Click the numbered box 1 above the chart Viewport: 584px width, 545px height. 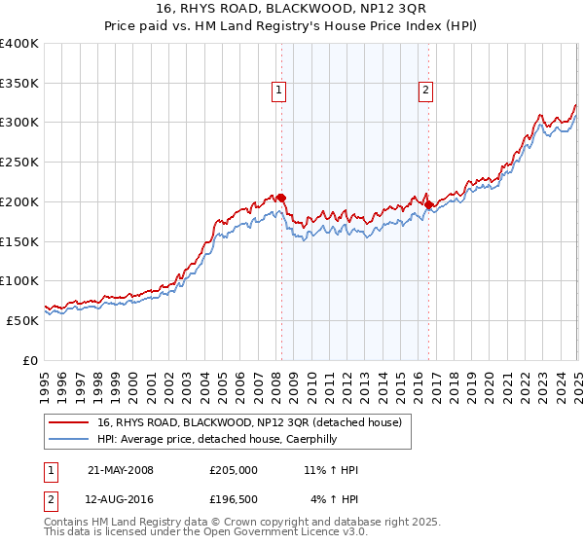278,91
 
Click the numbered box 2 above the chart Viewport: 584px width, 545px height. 426,91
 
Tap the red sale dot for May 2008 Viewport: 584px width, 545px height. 281,198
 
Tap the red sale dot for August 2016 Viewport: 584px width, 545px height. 428,204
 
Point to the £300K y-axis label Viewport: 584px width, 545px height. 19,123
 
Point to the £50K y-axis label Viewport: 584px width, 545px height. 22,319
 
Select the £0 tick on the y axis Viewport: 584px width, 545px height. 30,359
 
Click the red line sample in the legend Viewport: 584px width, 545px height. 69,422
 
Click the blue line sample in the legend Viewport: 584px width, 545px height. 69,439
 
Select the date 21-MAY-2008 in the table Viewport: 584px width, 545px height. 121,470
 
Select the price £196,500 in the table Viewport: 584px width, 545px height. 233,499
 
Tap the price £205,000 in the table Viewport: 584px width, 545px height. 233,470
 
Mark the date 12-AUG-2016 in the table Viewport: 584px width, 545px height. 121,499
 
